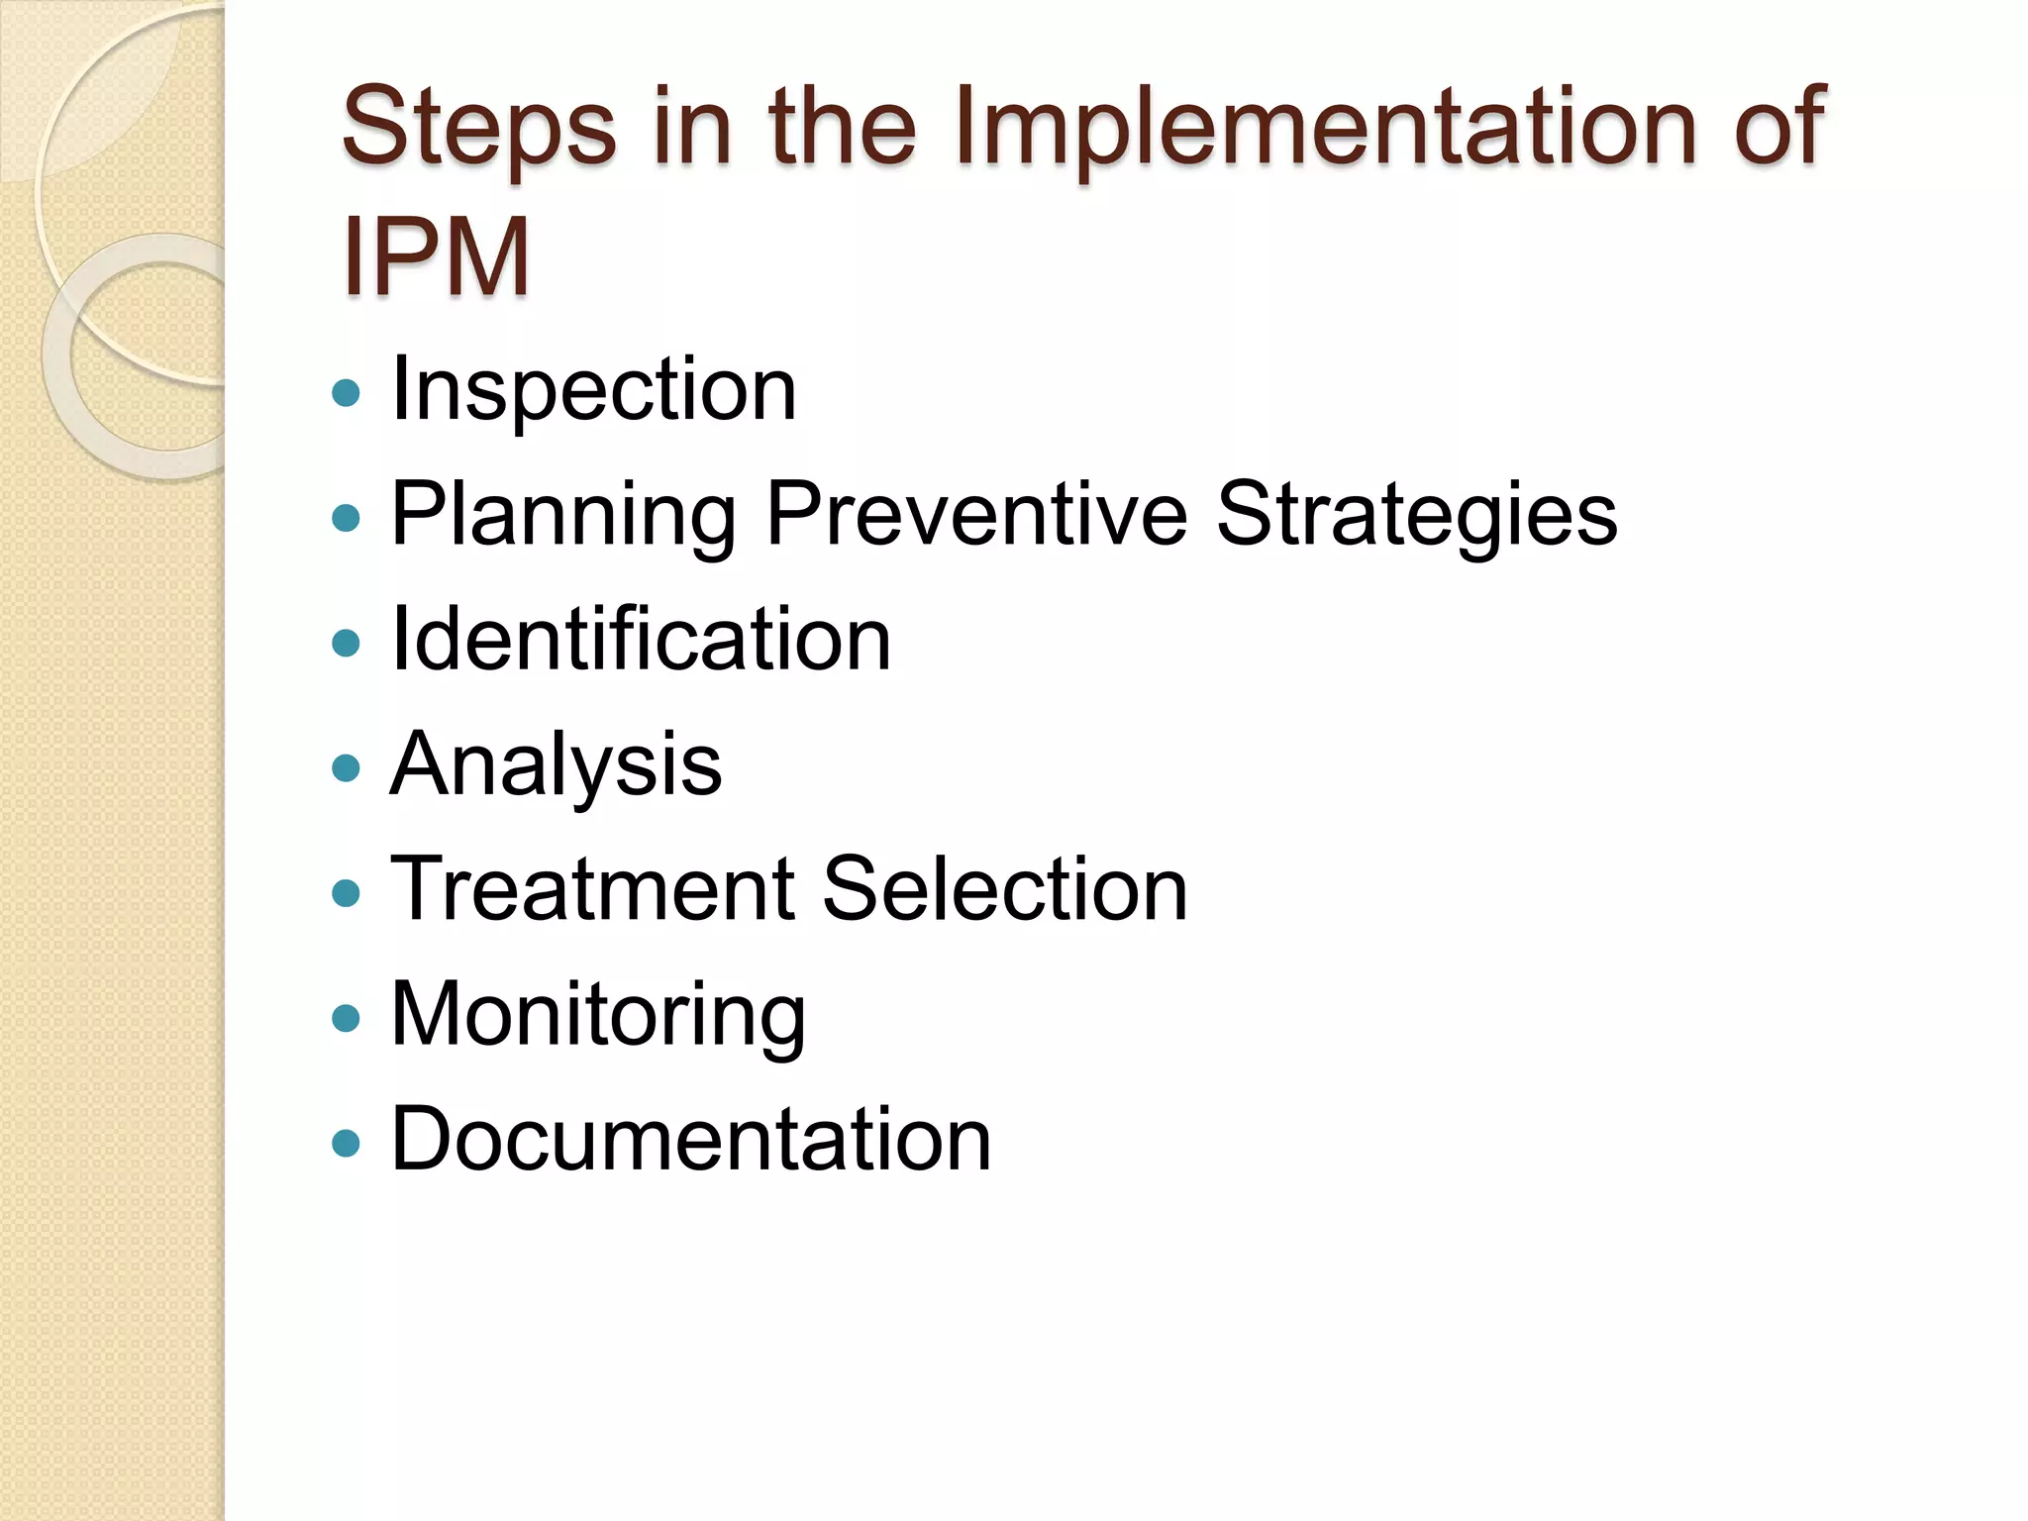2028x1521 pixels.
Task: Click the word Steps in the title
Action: pos(478,129)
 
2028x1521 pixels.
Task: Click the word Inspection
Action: pos(594,390)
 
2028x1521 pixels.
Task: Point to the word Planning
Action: pos(563,515)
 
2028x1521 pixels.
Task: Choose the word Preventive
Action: pos(976,513)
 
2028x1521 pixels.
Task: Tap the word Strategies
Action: pos(1416,515)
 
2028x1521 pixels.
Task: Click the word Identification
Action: pos(641,640)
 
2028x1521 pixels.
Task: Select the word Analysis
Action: pos(556,765)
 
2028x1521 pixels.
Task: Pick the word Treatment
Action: pos(593,889)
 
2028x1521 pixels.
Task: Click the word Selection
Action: pos(1004,889)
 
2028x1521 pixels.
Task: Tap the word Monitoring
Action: pos(598,1015)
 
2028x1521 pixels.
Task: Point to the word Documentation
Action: pos(690,1140)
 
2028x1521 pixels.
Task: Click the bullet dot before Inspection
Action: pos(346,393)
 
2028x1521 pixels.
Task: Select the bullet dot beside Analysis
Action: pos(346,768)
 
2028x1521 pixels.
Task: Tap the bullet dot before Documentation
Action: pos(346,1144)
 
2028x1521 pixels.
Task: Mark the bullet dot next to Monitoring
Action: pos(346,1018)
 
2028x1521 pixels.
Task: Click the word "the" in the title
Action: pos(843,129)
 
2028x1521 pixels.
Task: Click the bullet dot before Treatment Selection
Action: pos(346,893)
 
